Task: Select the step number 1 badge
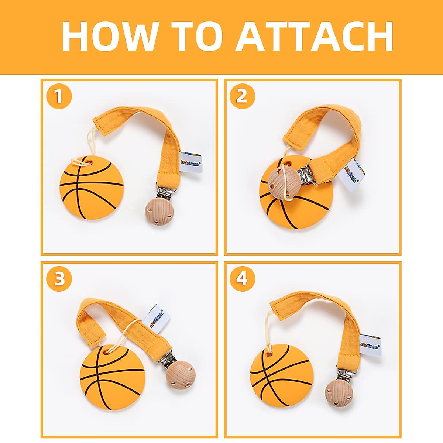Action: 59,97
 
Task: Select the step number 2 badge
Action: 242,97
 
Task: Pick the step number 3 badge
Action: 59,279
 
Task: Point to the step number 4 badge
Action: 242,279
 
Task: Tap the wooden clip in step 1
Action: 159,213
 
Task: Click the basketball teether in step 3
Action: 112,377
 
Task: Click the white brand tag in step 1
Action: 190,162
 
